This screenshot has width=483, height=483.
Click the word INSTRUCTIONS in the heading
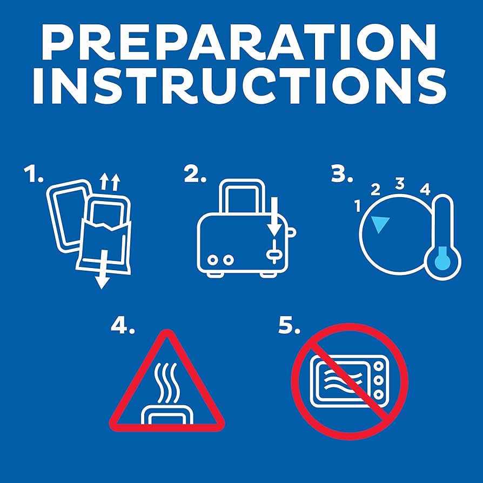pyautogui.click(x=240, y=86)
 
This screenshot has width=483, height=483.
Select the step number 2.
pyautogui.click(x=194, y=174)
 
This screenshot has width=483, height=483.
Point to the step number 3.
pyautogui.click(x=342, y=174)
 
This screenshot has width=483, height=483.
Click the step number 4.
pyautogui.click(x=123, y=326)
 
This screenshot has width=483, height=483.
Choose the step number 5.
pyautogui.click(x=289, y=326)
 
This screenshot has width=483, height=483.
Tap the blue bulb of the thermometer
pyautogui.click(x=442, y=259)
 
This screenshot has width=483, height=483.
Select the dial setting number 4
pyautogui.click(x=425, y=189)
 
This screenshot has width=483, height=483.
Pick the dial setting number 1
pyautogui.click(x=358, y=206)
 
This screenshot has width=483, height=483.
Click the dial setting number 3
pyautogui.click(x=400, y=184)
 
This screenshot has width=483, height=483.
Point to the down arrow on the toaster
pyautogui.click(x=274, y=217)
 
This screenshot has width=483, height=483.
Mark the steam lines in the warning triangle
pyautogui.click(x=166, y=383)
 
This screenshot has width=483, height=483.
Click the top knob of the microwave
pyautogui.click(x=379, y=366)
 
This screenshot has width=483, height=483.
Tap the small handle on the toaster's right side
pyautogui.click(x=291, y=232)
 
